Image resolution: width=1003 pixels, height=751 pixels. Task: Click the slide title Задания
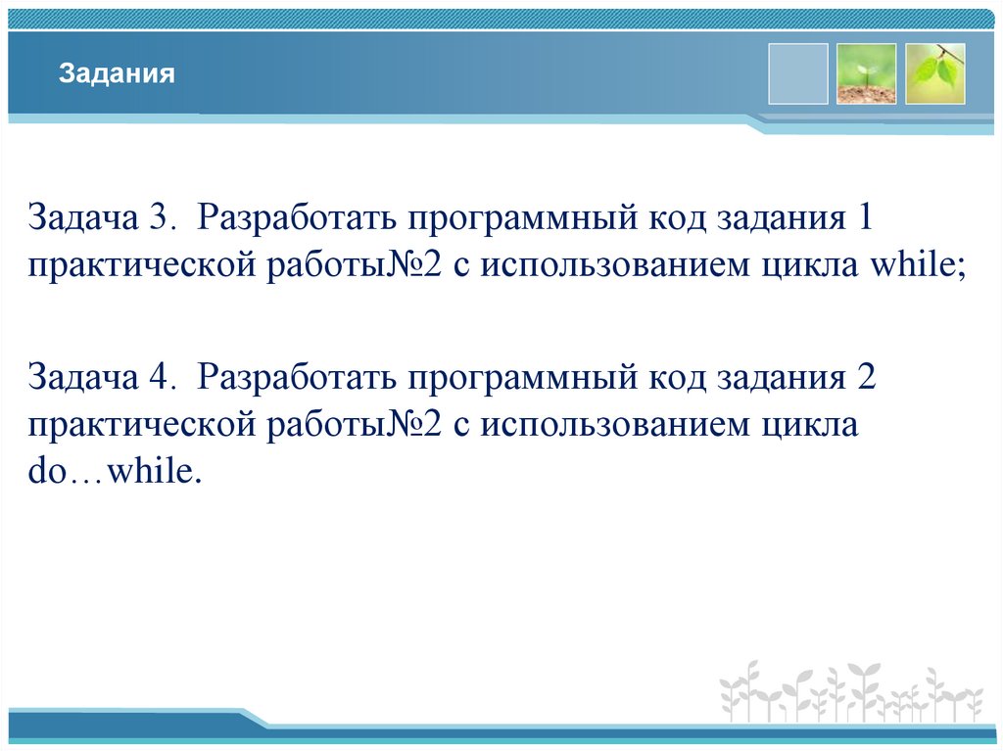117,74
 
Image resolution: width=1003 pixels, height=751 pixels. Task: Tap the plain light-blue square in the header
797,73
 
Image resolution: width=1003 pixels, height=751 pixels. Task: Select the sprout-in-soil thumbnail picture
866,73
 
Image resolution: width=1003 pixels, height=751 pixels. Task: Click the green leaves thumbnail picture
934,73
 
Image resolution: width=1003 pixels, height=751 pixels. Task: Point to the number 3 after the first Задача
163,217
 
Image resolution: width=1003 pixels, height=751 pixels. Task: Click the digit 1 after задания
865,217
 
